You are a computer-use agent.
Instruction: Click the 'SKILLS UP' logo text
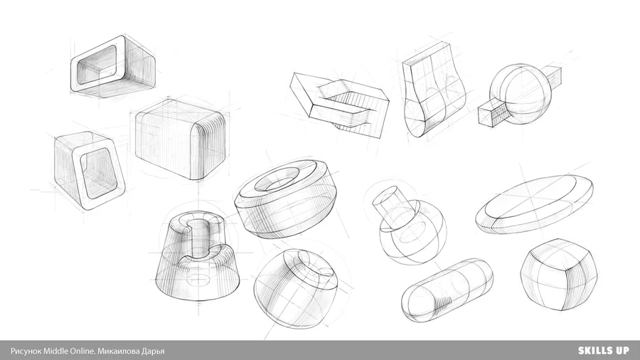tap(603, 350)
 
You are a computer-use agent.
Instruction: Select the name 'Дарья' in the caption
tap(153, 351)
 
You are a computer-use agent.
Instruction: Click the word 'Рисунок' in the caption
tap(26, 351)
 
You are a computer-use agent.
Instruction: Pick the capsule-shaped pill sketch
tap(447, 290)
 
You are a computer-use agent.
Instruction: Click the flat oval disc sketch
tap(535, 204)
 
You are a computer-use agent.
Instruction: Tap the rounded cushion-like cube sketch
tap(558, 275)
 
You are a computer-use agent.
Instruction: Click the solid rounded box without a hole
tap(180, 139)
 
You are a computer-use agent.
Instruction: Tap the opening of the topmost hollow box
tap(96, 65)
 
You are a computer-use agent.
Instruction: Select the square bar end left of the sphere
tap(493, 112)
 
